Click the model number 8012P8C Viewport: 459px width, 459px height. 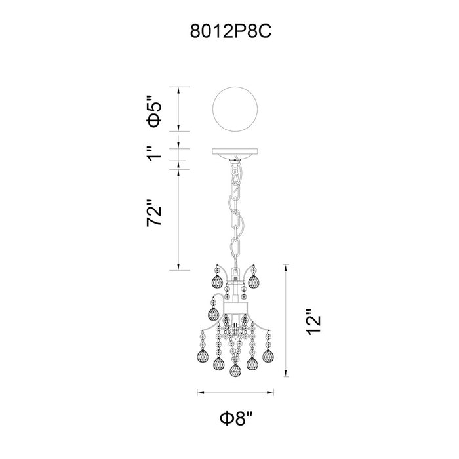(231, 31)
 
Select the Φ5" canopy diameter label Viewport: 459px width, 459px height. (154, 111)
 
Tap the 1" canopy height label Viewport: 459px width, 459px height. (154, 153)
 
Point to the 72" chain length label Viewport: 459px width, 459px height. (154, 213)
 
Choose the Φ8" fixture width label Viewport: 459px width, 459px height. (235, 419)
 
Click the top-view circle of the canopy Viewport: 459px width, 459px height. (235, 110)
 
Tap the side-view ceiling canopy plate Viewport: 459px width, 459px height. (235, 153)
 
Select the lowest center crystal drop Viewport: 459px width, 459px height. (235, 370)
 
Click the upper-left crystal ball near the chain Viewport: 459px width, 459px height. (217, 281)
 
